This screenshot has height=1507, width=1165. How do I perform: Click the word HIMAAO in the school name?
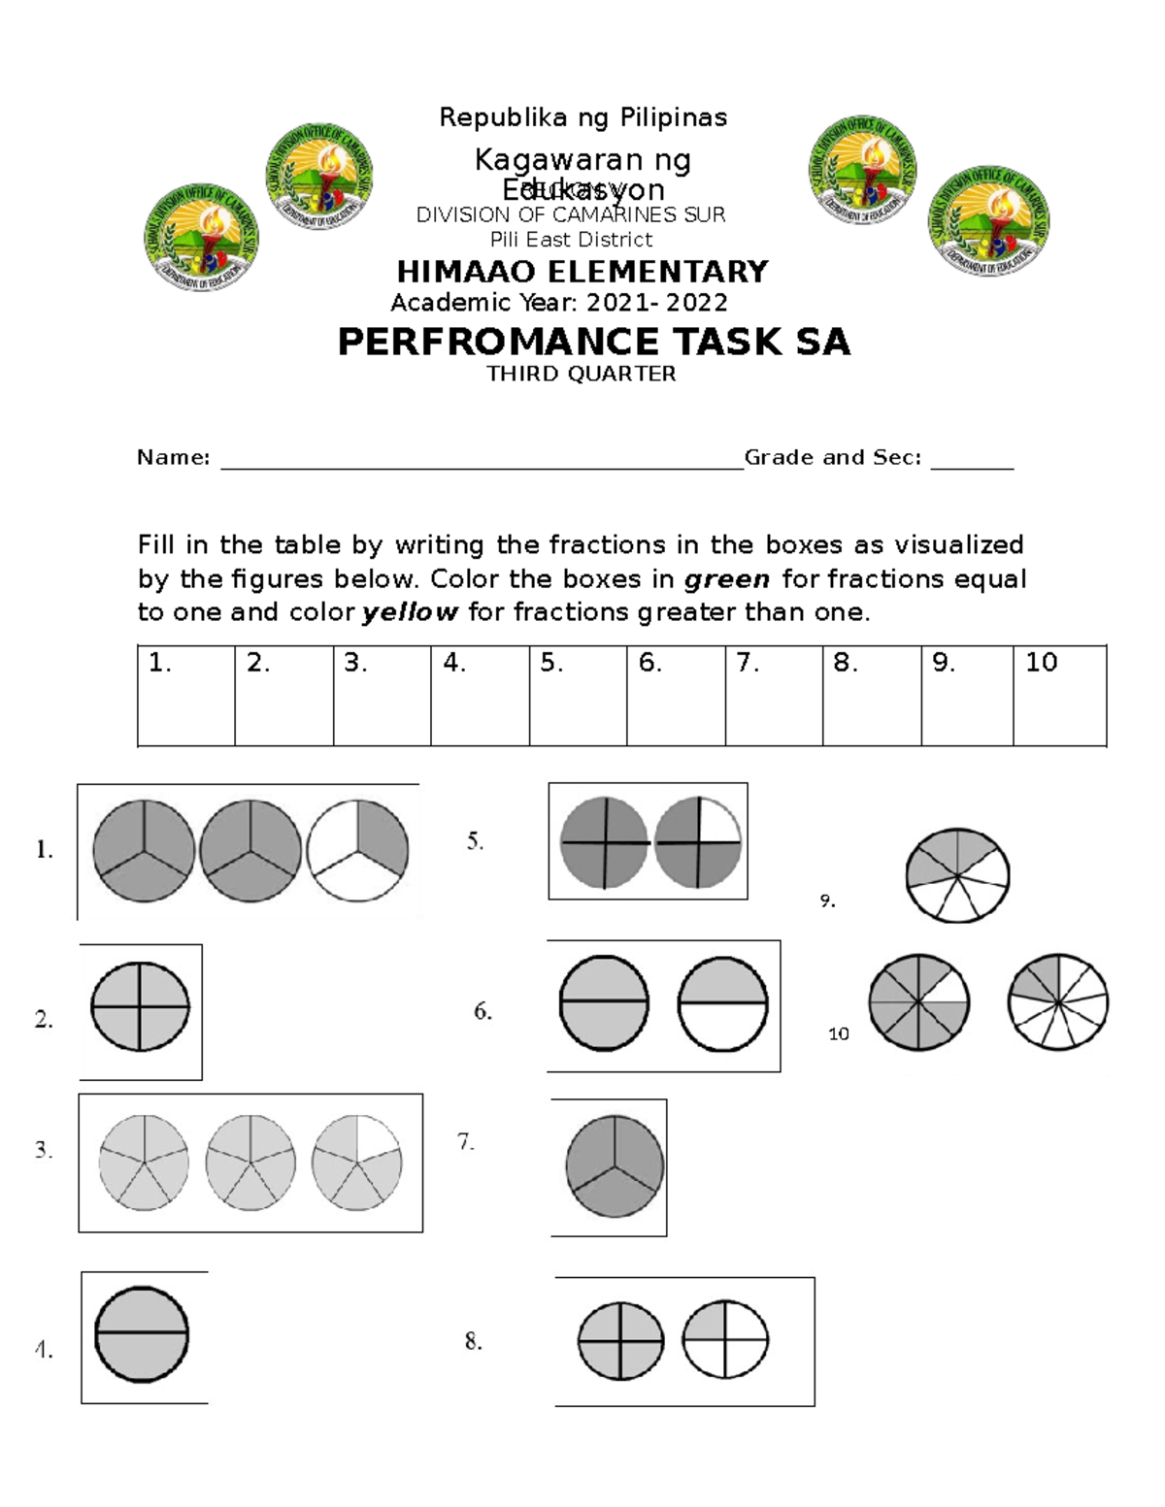point(468,272)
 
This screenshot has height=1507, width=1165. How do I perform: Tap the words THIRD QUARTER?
point(581,374)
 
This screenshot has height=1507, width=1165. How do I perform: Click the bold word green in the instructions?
point(727,579)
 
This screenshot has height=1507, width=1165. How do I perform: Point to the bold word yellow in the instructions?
point(409,612)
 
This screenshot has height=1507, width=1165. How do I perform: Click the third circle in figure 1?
point(357,851)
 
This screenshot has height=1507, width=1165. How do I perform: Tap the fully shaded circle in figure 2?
point(140,1006)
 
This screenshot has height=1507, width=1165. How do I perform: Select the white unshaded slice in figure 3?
point(377,1136)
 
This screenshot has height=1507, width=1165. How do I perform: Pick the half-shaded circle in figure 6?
point(722,1004)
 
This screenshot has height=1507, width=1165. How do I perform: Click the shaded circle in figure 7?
point(615,1166)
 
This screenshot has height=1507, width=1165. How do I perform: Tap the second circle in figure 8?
point(725,1340)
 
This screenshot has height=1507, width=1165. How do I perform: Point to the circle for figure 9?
point(957,874)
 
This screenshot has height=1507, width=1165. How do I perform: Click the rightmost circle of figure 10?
point(1058,1002)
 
